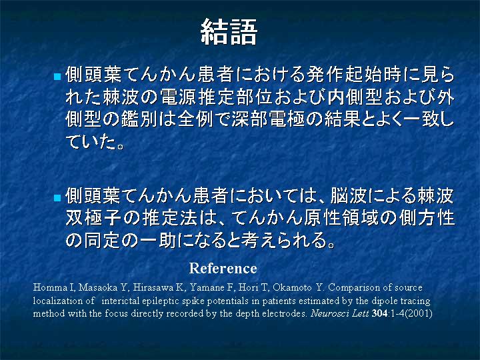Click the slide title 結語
pyautogui.click(x=229, y=32)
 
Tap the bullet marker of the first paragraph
pyautogui.click(x=57, y=76)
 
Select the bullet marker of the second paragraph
pyautogui.click(x=57, y=198)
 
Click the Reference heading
pyautogui.click(x=223, y=269)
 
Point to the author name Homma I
pyautogui.click(x=54, y=287)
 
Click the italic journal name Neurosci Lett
pyautogui.click(x=339, y=313)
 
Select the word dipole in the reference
pyautogui.click(x=384, y=301)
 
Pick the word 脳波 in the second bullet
pyautogui.click(x=349, y=196)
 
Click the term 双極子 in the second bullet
pyautogui.click(x=94, y=218)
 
